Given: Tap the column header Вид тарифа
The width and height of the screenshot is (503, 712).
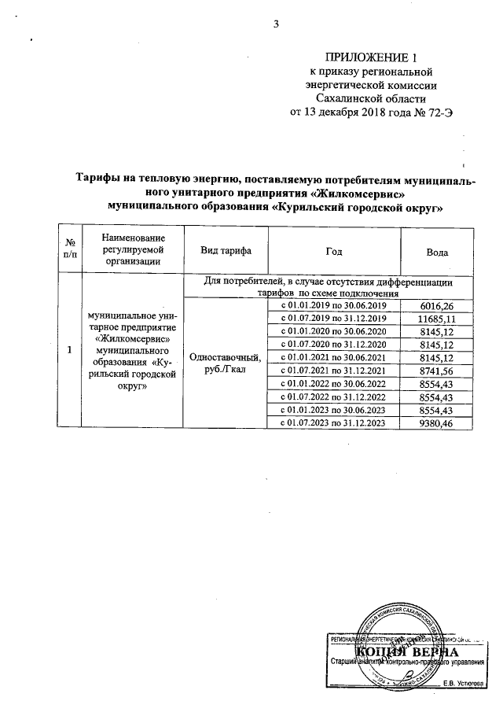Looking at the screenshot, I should click(x=226, y=252).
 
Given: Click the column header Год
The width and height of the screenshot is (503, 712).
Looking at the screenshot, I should click(x=333, y=252).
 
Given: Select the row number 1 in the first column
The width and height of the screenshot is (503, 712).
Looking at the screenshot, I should click(x=70, y=350).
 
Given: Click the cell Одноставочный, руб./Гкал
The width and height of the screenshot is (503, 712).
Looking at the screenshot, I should click(x=226, y=364).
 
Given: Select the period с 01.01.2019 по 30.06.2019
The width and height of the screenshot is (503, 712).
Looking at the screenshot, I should click(x=333, y=304).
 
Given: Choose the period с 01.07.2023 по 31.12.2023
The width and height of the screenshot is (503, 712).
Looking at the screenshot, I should click(x=333, y=423).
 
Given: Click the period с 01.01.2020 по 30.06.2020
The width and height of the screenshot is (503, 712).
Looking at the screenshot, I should click(x=333, y=331).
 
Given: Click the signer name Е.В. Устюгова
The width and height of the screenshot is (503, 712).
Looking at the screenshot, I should click(x=463, y=682).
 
